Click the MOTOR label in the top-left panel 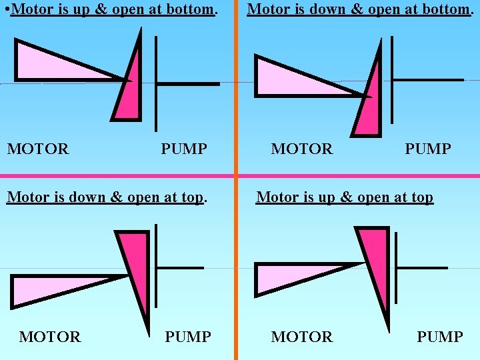pyautogui.click(x=38, y=149)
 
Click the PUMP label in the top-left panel pyautogui.click(x=184, y=149)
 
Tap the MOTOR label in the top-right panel pyautogui.click(x=301, y=149)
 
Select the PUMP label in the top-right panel pyautogui.click(x=428, y=149)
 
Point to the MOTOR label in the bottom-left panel pyautogui.click(x=50, y=337)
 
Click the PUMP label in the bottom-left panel pyautogui.click(x=188, y=337)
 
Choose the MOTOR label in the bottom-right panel pyautogui.click(x=301, y=337)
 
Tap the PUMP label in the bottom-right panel pyautogui.click(x=440, y=337)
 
